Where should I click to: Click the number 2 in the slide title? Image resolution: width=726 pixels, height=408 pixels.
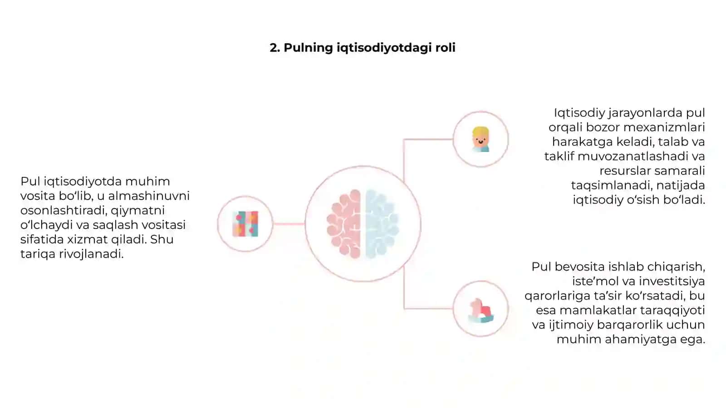(275, 48)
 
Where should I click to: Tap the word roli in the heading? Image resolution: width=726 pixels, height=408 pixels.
(445, 48)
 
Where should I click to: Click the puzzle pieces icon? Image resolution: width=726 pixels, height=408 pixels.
(245, 224)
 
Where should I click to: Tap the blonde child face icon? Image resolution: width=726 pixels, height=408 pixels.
(481, 139)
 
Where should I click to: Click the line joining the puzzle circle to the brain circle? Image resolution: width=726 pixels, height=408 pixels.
(289, 224)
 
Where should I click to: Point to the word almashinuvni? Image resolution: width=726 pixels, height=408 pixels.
(149, 196)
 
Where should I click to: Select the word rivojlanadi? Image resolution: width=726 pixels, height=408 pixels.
(91, 254)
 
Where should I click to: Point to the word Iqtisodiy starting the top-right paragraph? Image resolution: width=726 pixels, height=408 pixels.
(579, 113)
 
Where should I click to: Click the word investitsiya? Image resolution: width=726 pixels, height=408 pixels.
(672, 281)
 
